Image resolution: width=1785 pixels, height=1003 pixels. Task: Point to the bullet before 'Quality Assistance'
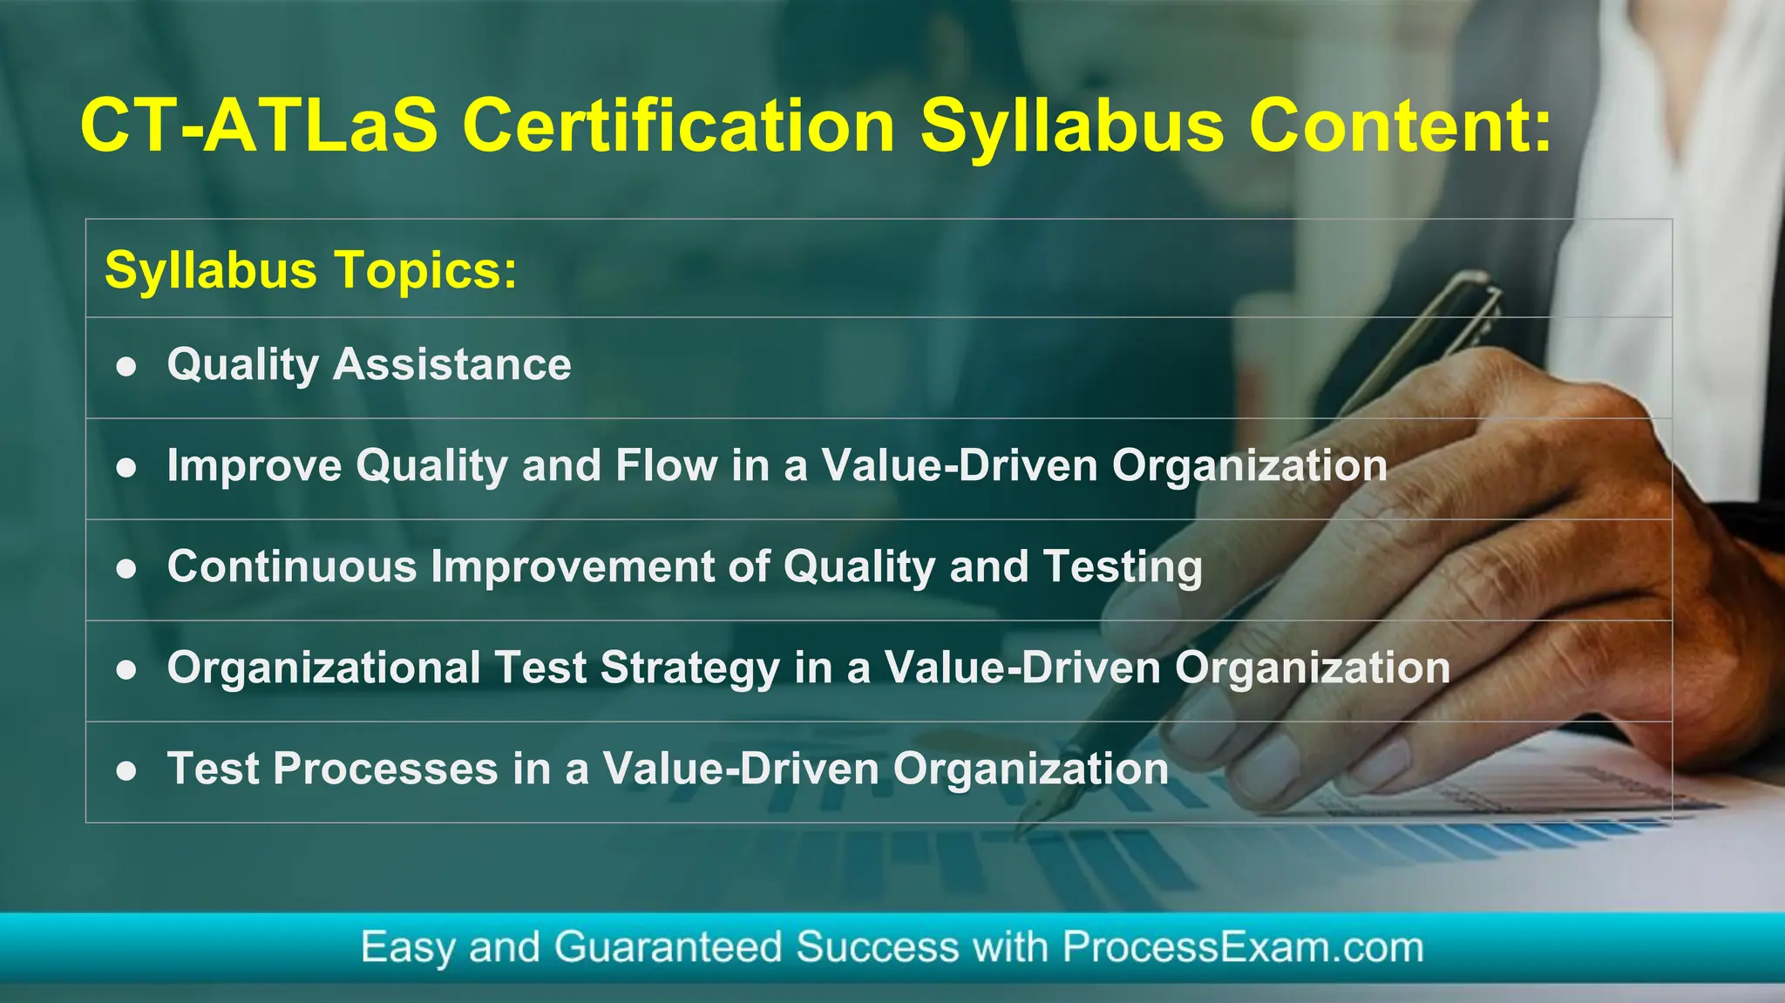[127, 367]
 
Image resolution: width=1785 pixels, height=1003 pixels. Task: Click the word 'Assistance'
[452, 364]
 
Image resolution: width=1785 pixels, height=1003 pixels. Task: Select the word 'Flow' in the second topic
[666, 465]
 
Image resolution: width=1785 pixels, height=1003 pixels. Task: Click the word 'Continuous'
[292, 566]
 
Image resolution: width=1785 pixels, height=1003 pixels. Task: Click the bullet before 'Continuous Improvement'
[127, 569]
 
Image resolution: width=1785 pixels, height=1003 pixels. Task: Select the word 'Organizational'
[323, 668]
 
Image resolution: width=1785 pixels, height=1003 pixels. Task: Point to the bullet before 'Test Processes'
[127, 771]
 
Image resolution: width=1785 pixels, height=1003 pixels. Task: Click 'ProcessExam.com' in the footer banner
[1242, 947]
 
